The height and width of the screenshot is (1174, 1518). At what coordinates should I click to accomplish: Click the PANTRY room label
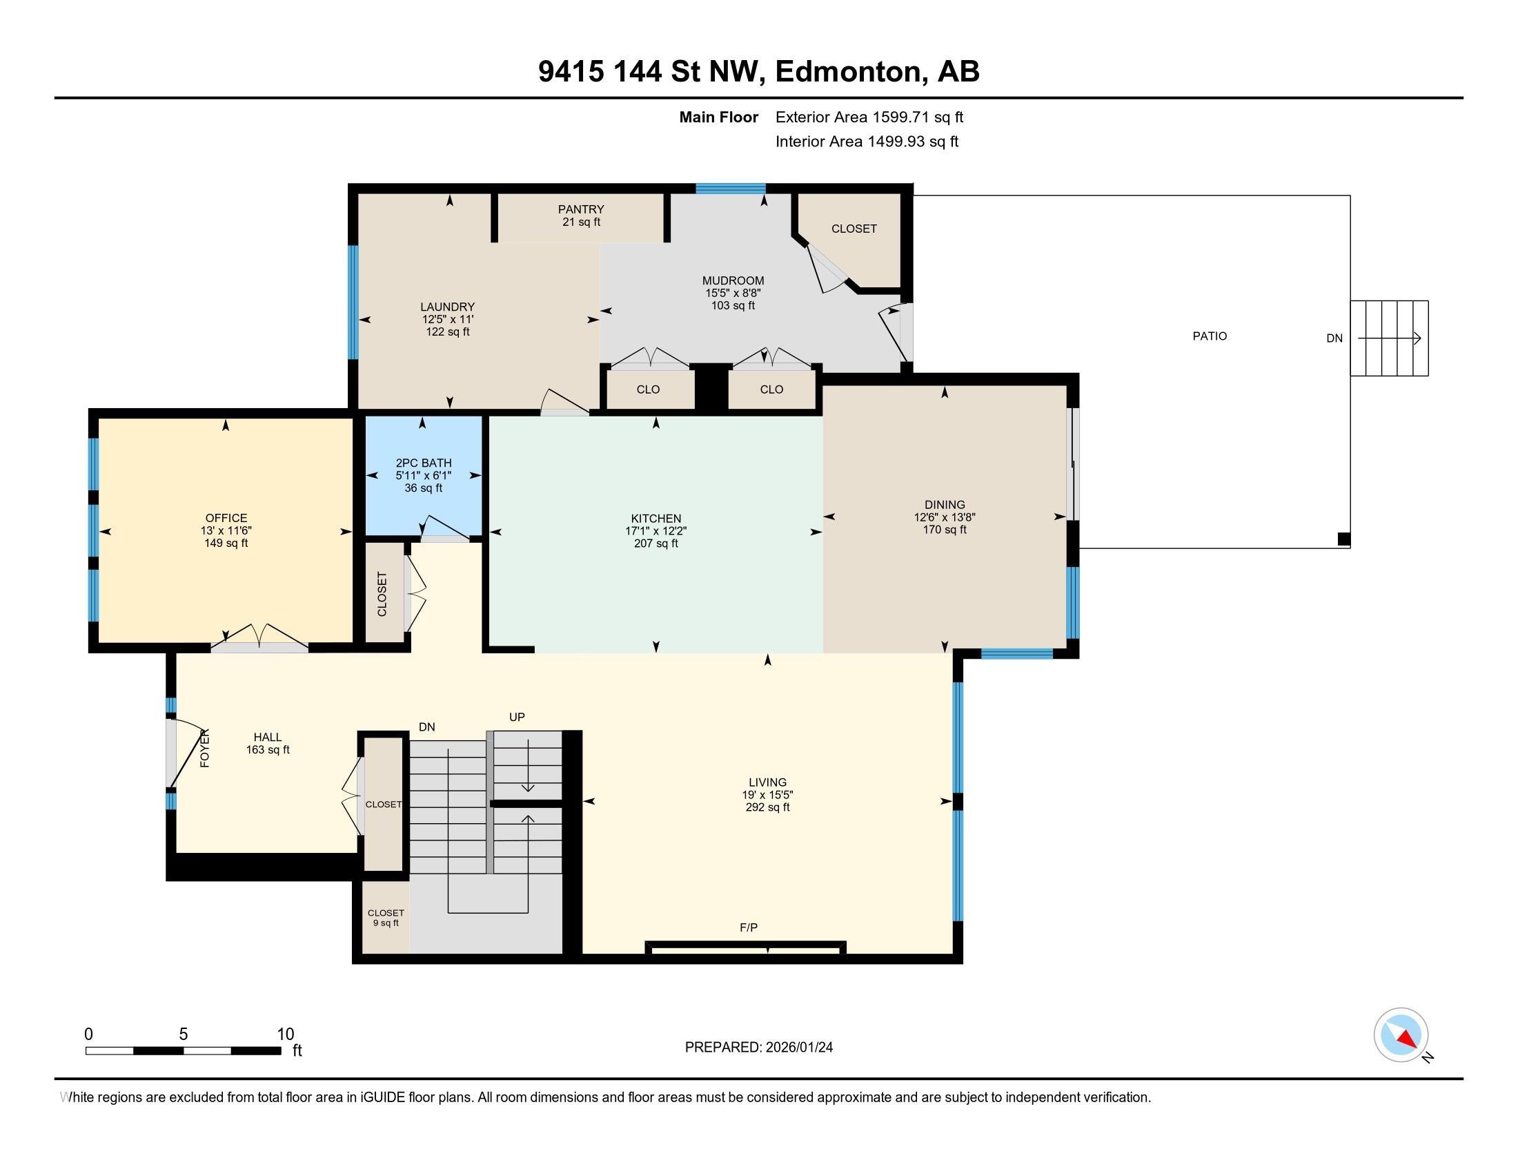tap(580, 209)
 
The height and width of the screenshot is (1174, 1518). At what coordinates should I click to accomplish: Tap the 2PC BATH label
tap(423, 463)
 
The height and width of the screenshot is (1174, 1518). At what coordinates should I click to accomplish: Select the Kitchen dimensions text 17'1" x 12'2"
tap(655, 531)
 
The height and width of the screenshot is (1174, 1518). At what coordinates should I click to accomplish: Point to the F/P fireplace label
tap(748, 927)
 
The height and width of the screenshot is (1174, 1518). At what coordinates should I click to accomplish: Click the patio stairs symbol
tap(1389, 338)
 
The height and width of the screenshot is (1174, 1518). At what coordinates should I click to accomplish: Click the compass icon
tap(1401, 1035)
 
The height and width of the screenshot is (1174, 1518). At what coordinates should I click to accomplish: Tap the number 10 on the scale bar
tap(285, 1034)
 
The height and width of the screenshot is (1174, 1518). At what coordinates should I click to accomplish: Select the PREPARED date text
tap(758, 1048)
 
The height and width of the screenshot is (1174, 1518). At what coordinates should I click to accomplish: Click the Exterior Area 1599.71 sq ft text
tap(869, 117)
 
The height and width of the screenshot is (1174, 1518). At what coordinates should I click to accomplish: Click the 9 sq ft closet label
tap(386, 923)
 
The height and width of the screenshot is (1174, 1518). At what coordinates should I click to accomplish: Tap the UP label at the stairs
tap(516, 717)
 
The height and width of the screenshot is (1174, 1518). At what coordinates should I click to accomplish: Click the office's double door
tap(259, 637)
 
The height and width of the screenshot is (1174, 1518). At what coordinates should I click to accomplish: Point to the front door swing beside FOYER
tap(182, 754)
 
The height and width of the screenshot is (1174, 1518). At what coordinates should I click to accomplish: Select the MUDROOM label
tap(733, 281)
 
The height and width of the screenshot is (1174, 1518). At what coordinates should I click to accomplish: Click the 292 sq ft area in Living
tap(767, 807)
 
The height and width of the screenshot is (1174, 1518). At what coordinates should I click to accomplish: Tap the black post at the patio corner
tap(1343, 539)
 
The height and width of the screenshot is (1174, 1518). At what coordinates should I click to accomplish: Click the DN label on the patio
tap(1334, 338)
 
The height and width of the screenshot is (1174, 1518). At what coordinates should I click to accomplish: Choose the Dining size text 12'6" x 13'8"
tap(944, 517)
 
